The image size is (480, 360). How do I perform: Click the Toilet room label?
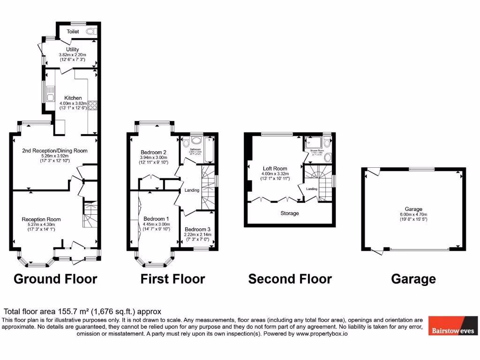click(x=73, y=31)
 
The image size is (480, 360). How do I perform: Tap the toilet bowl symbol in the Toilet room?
click(x=91, y=31)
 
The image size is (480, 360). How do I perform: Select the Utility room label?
click(x=73, y=49)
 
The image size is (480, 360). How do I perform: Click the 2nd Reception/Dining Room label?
click(x=55, y=150)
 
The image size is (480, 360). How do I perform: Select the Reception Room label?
click(x=41, y=219)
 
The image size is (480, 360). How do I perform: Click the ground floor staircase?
click(x=90, y=214)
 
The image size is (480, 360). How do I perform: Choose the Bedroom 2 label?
click(x=154, y=152)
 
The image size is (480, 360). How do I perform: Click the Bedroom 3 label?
click(x=197, y=229)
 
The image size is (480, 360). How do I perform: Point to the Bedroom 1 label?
click(x=157, y=219)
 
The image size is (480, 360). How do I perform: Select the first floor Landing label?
click(x=192, y=190)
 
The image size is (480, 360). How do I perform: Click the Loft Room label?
click(x=275, y=168)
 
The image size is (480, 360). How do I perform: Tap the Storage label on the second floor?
click(x=290, y=213)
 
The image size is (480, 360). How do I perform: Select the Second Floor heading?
click(x=290, y=279)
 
